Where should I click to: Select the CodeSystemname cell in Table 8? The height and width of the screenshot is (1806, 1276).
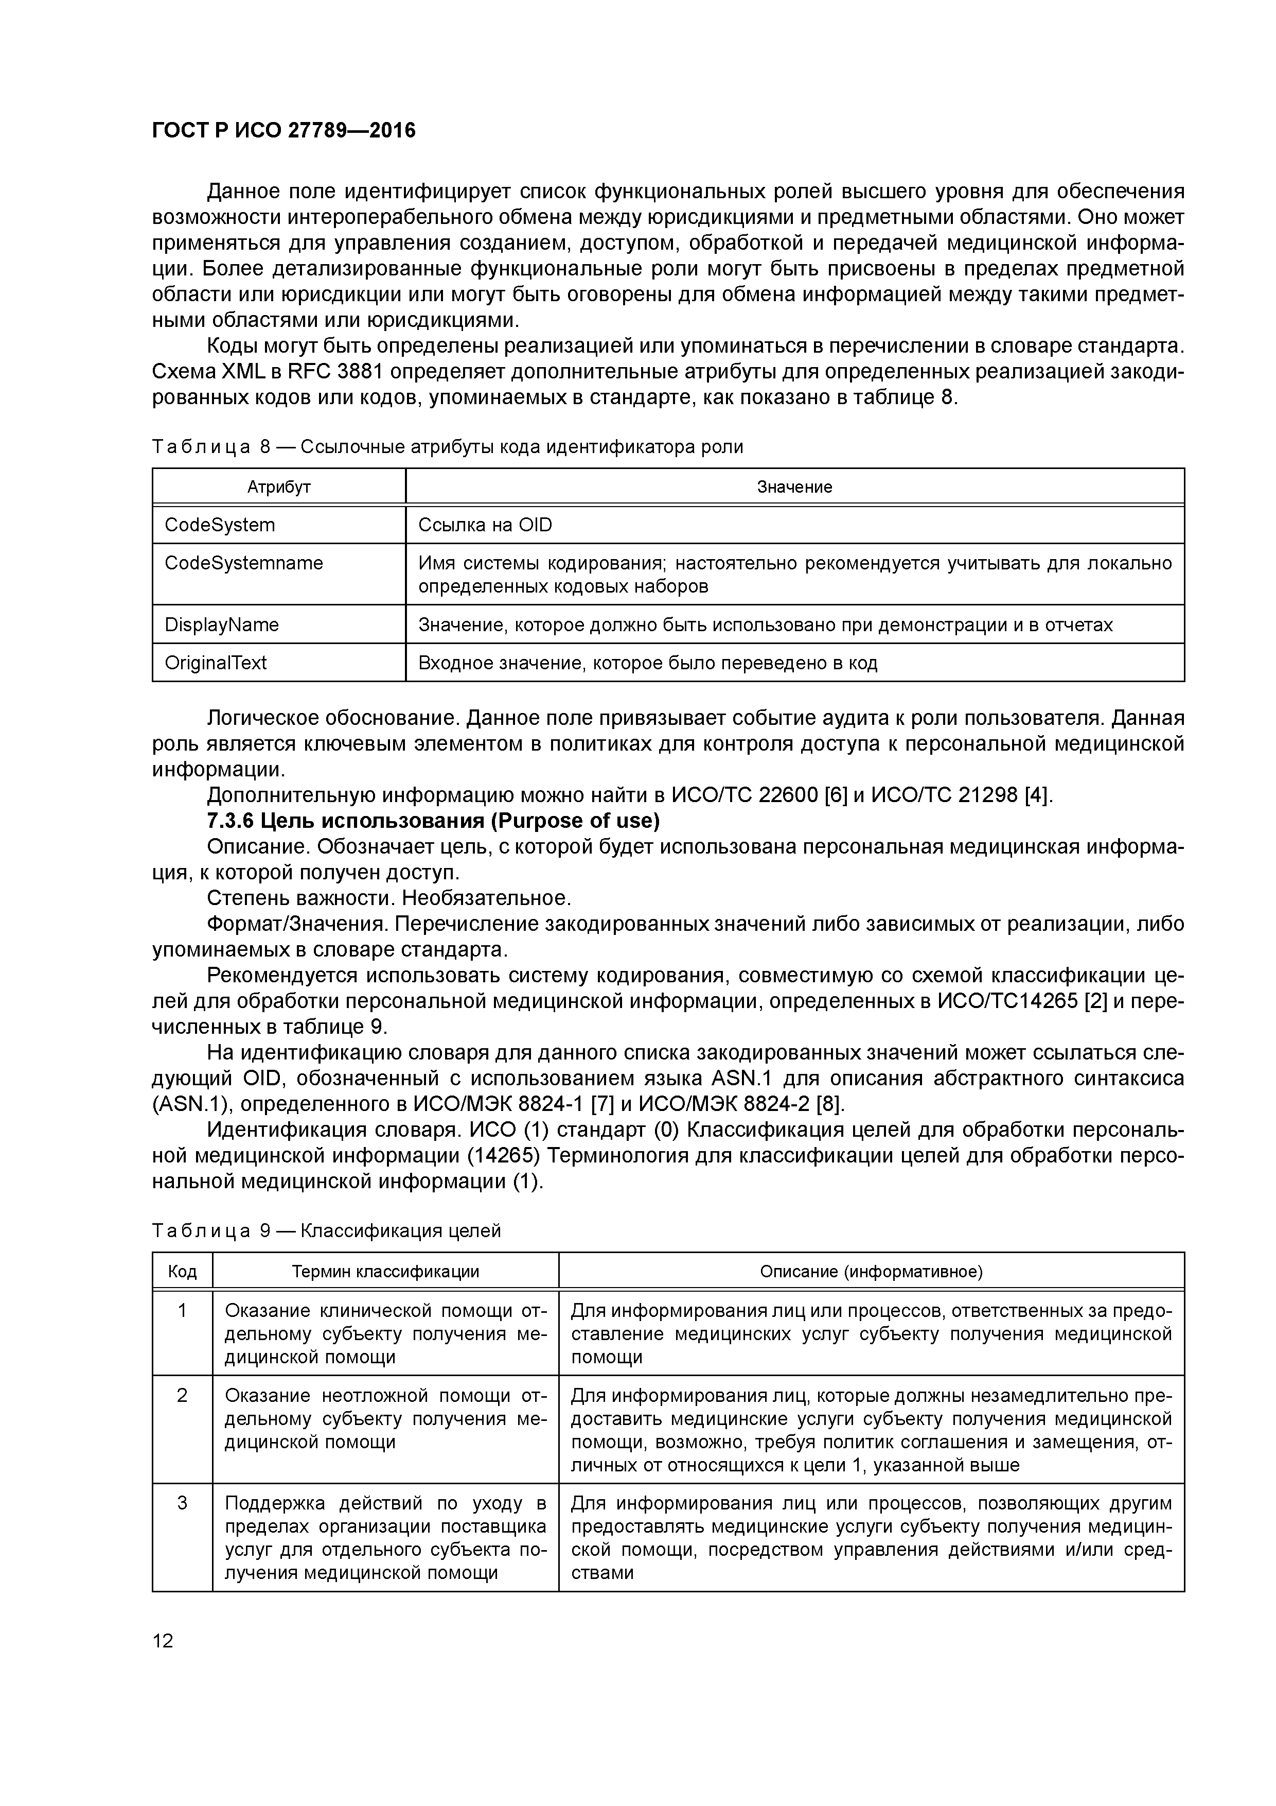(x=244, y=563)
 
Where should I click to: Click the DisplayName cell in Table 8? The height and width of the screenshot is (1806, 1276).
(x=222, y=624)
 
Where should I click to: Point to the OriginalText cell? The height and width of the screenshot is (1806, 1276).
(x=216, y=663)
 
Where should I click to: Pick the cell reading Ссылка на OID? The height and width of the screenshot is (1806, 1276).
(x=485, y=525)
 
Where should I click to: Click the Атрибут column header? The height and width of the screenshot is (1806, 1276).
(x=279, y=487)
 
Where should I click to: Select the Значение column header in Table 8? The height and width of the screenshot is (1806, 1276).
(x=794, y=487)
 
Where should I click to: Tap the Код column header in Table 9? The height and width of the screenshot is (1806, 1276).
(x=183, y=1272)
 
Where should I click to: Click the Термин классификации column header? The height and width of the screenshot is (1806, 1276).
(x=385, y=1272)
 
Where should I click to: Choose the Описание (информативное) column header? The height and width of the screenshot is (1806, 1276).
(x=871, y=1272)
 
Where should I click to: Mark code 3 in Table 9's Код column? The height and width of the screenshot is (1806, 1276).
(x=183, y=1504)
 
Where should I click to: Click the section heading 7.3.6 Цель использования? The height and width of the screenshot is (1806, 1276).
(x=432, y=821)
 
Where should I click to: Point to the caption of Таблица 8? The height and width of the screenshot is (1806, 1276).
(x=447, y=447)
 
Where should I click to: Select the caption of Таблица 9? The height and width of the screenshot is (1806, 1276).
(x=326, y=1231)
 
